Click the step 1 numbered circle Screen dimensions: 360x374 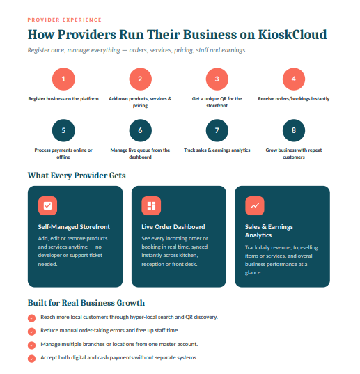63,79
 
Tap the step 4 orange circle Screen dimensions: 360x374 294,79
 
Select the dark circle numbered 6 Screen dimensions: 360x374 140,130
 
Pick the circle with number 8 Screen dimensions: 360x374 294,130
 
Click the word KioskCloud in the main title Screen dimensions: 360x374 292,34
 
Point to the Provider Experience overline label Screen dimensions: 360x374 65,20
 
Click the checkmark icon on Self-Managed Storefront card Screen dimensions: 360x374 47,205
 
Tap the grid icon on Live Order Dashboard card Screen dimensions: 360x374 151,205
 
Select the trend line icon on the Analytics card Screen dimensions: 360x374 255,205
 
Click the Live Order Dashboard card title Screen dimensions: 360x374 173,226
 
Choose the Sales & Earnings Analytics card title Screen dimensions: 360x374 269,231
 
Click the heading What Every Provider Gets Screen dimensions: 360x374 77,176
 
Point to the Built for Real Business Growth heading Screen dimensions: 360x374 86,303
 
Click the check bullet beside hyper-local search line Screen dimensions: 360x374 31,318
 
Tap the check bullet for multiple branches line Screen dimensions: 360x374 31,345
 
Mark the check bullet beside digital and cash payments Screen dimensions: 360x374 31,359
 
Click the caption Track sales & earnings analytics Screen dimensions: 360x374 217,150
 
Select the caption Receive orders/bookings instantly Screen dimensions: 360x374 294,98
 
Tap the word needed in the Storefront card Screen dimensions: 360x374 47,264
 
